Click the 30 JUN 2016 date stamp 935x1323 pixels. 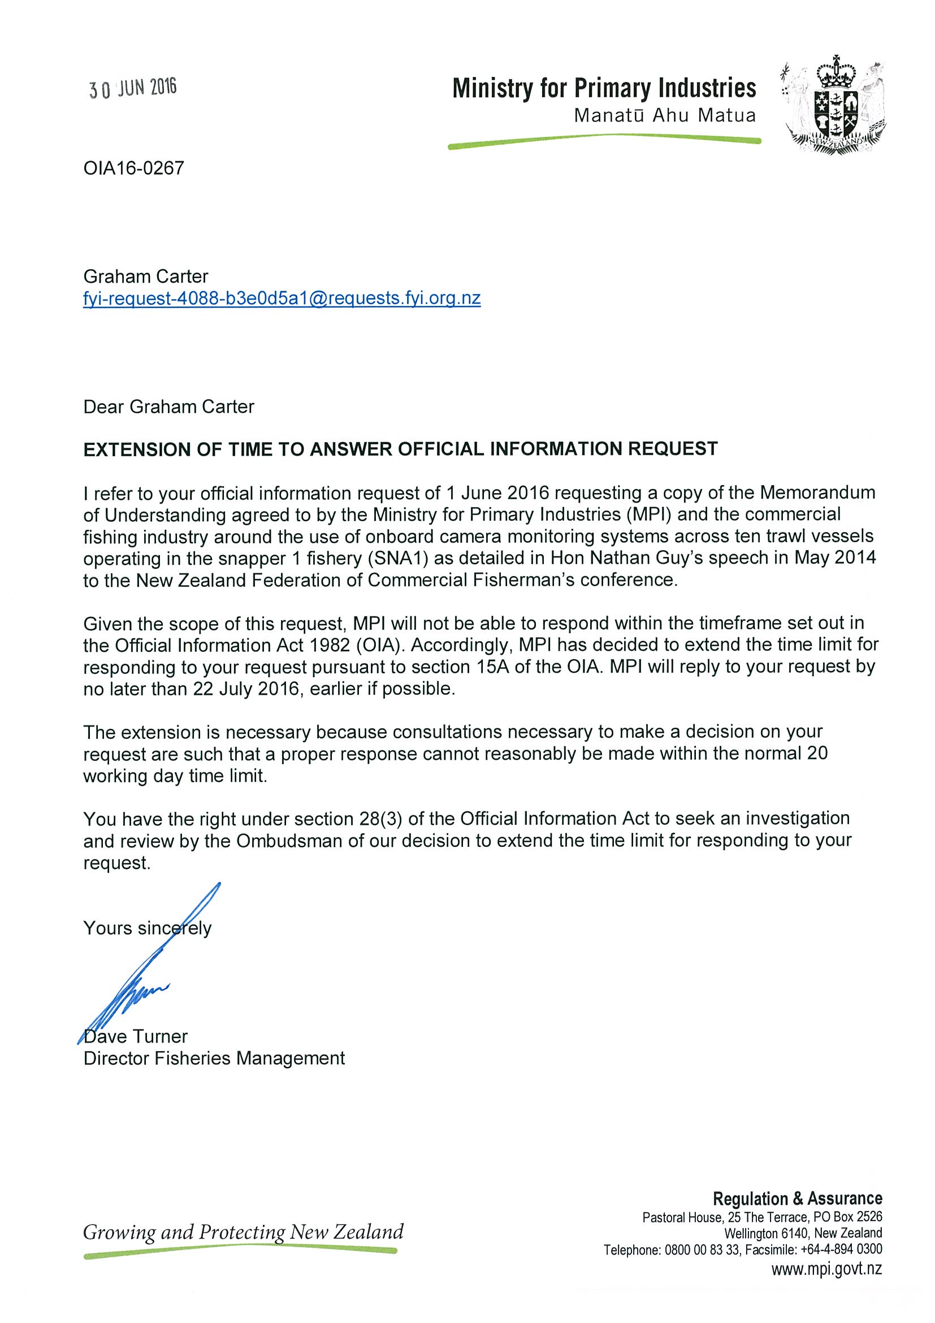132,89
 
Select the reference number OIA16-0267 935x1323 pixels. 133,168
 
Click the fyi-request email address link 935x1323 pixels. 282,299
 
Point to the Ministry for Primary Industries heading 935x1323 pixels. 604,89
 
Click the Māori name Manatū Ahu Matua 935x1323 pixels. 664,116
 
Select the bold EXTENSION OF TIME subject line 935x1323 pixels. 400,449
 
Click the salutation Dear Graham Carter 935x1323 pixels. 169,407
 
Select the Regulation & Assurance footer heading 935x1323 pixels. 797,1199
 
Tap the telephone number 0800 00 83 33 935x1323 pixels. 702,1250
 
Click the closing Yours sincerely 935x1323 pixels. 148,928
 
